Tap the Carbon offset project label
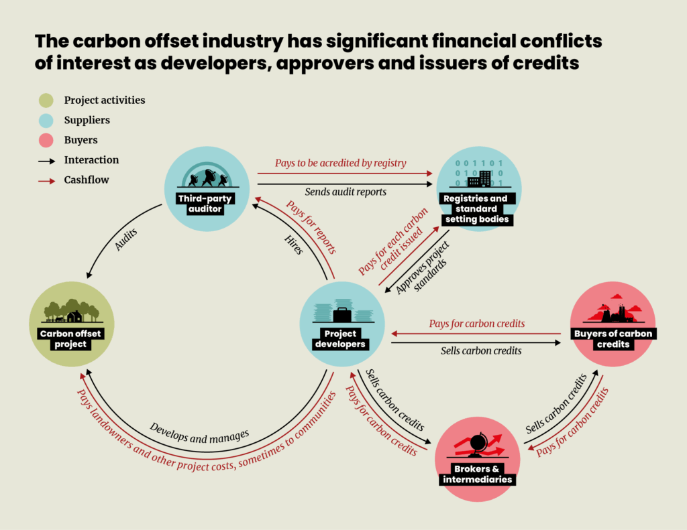pos(71,339)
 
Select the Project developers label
pos(342,339)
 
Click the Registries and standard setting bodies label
pos(478,209)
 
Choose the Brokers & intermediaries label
pos(477,474)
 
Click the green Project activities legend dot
pos(46,101)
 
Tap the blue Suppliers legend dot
pos(46,121)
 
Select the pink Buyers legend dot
pos(46,141)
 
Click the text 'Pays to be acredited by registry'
pos(341,163)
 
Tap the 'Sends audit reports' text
pos(346,192)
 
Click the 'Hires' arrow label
pos(294,243)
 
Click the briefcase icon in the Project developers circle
pos(342,314)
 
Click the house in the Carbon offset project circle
pos(74,316)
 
